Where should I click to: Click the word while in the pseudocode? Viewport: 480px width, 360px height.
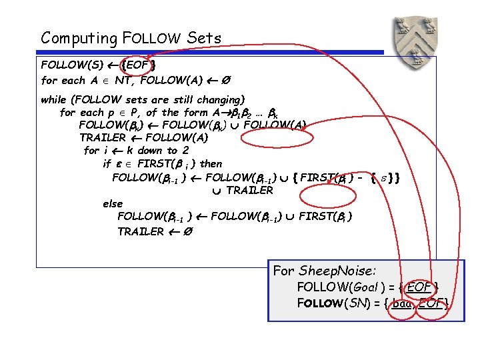click(x=54, y=99)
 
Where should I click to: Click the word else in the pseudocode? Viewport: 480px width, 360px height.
click(x=113, y=203)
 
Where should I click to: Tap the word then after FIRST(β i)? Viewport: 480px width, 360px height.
click(x=211, y=163)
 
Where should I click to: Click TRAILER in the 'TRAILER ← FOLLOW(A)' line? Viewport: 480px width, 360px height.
click(x=103, y=138)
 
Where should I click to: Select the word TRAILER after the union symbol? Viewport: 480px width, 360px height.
click(x=249, y=190)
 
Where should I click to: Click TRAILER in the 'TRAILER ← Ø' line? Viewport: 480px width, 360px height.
click(x=140, y=231)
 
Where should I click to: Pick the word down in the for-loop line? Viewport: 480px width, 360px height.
click(x=151, y=151)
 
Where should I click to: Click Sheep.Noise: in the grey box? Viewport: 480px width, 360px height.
click(x=337, y=271)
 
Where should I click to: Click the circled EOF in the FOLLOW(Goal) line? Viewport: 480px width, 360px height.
click(x=419, y=287)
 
